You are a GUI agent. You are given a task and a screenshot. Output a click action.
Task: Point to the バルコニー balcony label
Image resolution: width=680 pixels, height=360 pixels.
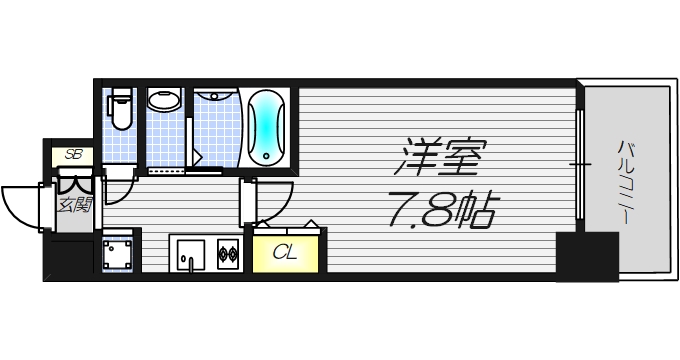pos(627,179)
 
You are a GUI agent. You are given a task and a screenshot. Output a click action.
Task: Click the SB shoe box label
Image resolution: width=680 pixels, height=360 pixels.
pos(73,154)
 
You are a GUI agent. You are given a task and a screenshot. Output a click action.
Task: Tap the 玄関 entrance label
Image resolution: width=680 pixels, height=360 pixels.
pos(73,205)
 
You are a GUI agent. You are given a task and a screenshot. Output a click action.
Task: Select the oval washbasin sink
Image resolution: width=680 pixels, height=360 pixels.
pos(164,100)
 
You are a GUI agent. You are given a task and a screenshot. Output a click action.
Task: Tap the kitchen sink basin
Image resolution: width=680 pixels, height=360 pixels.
pos(189,254)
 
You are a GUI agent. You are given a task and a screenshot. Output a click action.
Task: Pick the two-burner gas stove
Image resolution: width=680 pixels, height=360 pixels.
pos(227,254)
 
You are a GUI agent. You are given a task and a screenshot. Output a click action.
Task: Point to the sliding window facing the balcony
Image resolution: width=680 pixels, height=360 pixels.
pos(579,160)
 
